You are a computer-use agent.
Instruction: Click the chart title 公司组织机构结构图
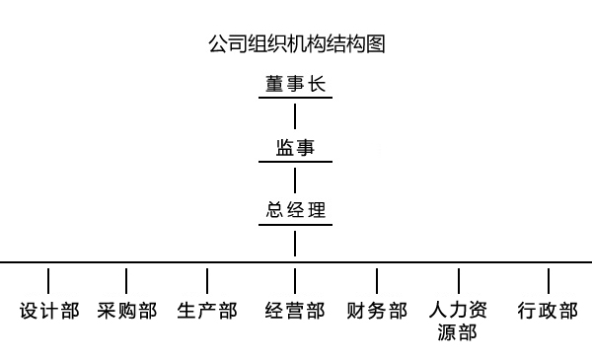296,44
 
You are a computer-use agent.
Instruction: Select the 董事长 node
295,84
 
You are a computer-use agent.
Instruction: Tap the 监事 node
295,148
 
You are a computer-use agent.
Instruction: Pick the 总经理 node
295,210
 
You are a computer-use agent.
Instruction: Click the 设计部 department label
49,311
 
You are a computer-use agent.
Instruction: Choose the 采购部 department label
127,311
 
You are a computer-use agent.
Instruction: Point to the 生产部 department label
207,311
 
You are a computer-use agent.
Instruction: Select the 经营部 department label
295,311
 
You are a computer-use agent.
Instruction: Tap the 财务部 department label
378,311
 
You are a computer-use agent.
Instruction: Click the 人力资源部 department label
458,321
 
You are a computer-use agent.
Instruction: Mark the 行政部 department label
548,311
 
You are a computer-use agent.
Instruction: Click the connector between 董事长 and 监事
295,115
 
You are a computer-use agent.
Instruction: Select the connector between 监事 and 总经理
295,180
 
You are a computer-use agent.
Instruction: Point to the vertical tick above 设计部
48,279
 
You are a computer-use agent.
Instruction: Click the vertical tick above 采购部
126,279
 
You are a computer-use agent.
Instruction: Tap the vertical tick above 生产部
207,279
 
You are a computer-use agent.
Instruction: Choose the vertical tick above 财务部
378,279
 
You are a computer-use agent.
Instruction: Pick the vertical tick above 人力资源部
459,279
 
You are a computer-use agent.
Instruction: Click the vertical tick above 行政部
549,279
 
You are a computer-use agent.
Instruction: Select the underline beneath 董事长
295,99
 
